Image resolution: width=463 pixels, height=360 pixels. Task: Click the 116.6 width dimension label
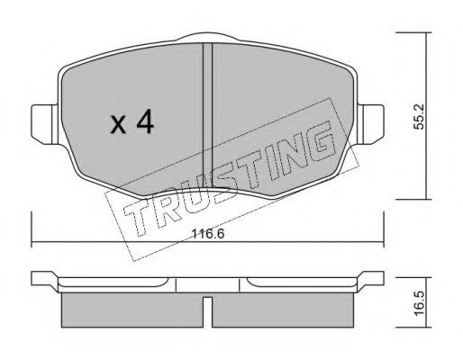click(208, 233)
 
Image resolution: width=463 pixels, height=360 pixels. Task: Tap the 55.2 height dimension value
click(418, 117)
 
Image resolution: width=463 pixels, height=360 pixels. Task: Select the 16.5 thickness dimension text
click(418, 303)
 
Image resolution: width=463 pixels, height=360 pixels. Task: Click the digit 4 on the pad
click(145, 121)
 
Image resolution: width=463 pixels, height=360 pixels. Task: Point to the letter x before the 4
click(118, 125)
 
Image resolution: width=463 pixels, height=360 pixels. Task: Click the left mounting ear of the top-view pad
click(44, 124)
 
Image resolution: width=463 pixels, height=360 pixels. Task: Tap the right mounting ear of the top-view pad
click(370, 124)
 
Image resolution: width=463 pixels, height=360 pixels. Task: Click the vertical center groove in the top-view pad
click(207, 115)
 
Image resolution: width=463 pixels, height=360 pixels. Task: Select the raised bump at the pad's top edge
click(208, 37)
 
